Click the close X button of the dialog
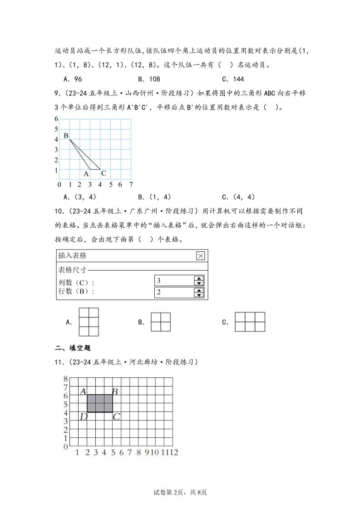coord(200,256)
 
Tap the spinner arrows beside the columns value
coord(198,281)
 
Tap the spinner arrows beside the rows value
coord(198,293)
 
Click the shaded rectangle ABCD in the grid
coord(99,403)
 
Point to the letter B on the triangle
coord(66,136)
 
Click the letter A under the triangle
coord(86,173)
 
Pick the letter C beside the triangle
coord(104,173)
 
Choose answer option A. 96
coord(73,79)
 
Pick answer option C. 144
coord(232,79)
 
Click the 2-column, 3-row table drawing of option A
coord(89,322)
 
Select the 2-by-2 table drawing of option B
coord(161,322)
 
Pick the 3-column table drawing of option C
coord(250,322)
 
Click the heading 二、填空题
coord(73,348)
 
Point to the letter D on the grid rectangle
coord(83,416)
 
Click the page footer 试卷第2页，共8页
coord(180,492)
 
